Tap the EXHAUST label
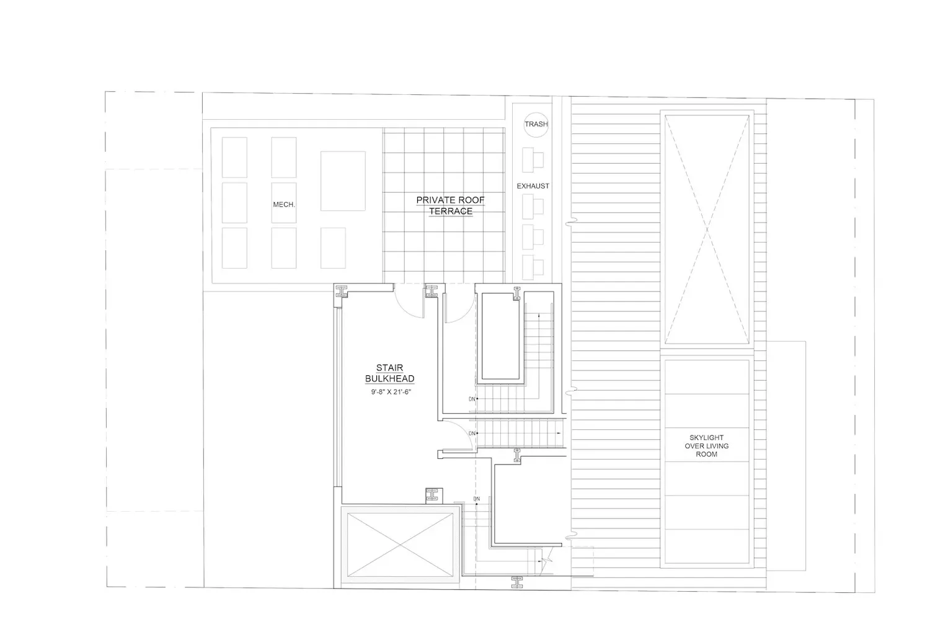[x=533, y=186]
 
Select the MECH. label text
[x=284, y=205]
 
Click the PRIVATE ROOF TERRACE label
[x=451, y=205]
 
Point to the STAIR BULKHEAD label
[x=389, y=373]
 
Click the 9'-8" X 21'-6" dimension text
[x=391, y=392]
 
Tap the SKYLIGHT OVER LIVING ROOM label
[x=706, y=446]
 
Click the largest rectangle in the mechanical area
[x=343, y=181]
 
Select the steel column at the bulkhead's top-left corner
[x=342, y=292]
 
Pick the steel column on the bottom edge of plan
[x=517, y=582]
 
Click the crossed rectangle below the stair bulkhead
[x=400, y=545]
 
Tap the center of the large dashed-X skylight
[x=707, y=229]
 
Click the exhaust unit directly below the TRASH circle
[x=533, y=160]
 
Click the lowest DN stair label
[x=476, y=499]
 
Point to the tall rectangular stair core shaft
[x=500, y=338]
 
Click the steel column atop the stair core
[x=517, y=293]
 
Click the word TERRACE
[x=451, y=211]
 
